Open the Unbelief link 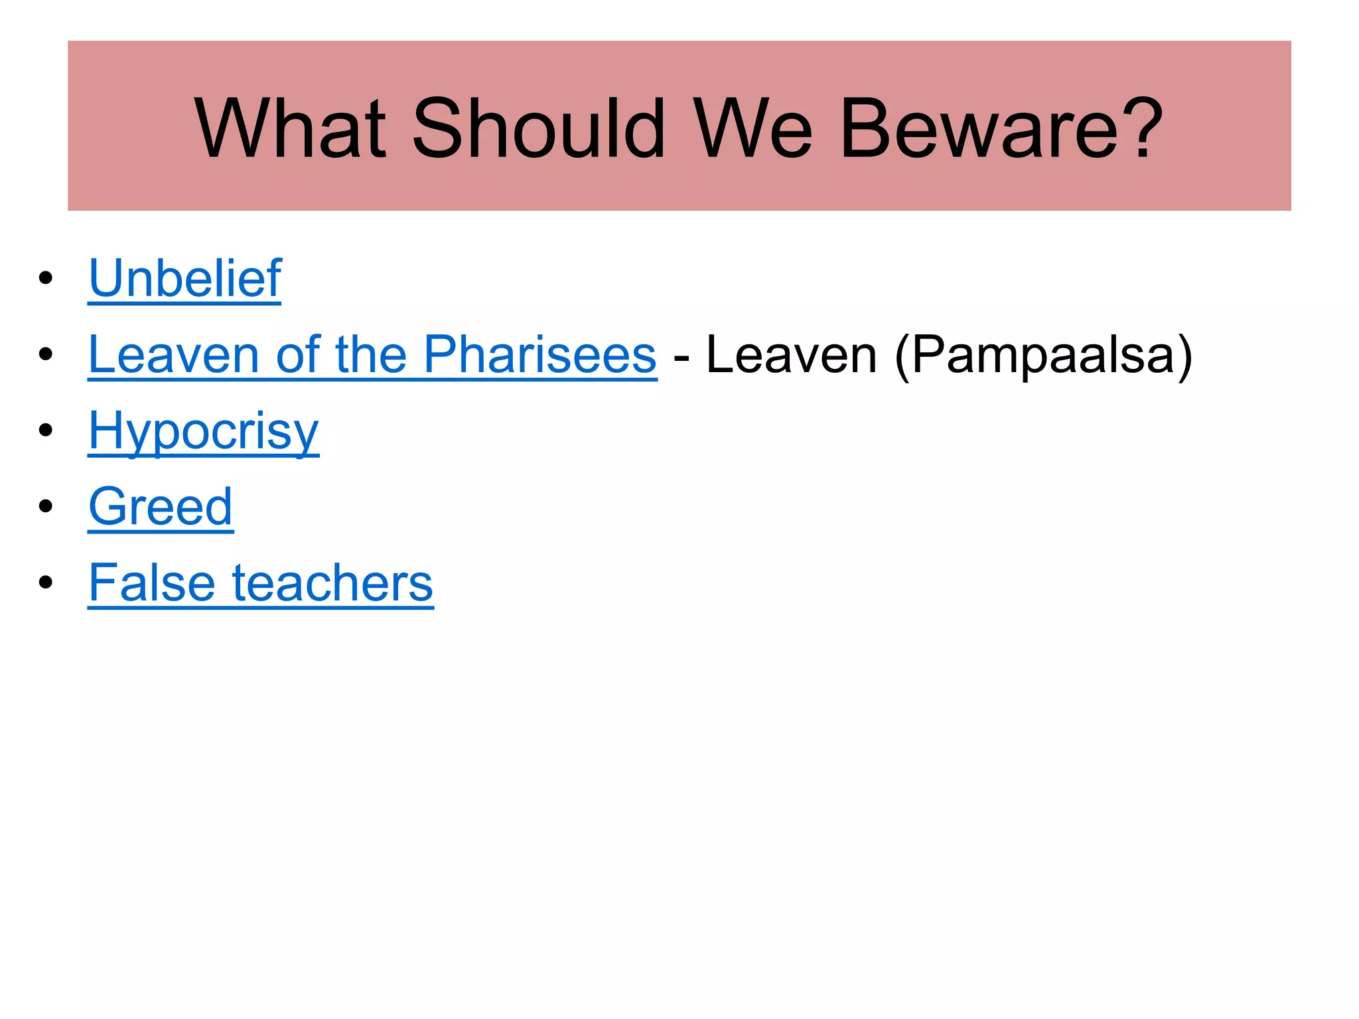185,278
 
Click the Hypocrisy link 204,431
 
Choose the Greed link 161,507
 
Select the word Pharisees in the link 539,354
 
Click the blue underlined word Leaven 173,354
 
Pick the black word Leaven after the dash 791,354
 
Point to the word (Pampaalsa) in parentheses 1043,356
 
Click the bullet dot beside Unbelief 45,278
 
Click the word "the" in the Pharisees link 371,354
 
